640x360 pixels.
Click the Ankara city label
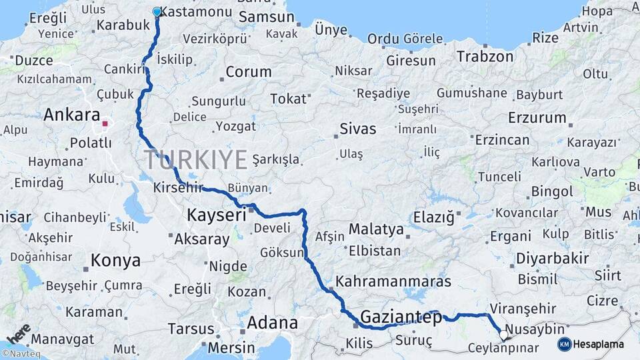(x=72, y=115)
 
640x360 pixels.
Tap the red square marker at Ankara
(x=105, y=123)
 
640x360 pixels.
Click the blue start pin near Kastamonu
(x=157, y=11)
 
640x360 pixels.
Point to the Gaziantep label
(x=401, y=317)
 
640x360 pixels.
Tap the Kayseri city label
(x=217, y=215)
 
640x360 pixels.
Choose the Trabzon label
(x=485, y=56)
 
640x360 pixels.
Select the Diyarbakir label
(x=553, y=258)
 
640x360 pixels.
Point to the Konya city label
(x=115, y=260)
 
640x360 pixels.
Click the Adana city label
(x=272, y=323)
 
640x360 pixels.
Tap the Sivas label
(x=357, y=129)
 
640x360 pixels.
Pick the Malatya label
(x=376, y=229)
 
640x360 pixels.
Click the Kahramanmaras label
(x=393, y=281)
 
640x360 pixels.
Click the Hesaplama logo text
(x=599, y=344)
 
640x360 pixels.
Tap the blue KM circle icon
(x=564, y=344)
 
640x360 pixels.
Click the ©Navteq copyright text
(x=20, y=354)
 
